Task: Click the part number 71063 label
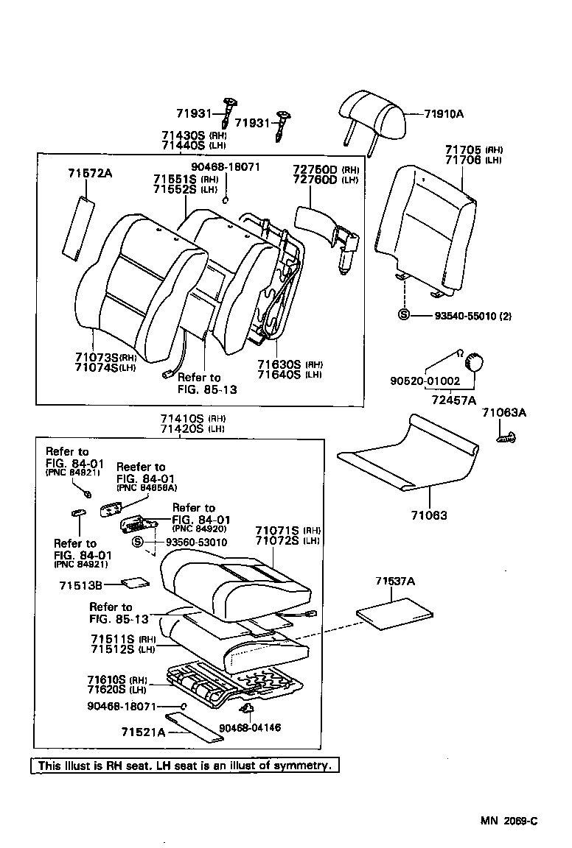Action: coord(430,516)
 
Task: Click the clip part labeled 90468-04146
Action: coord(248,709)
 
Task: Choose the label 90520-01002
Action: coord(425,381)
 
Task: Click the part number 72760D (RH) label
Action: coord(315,169)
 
